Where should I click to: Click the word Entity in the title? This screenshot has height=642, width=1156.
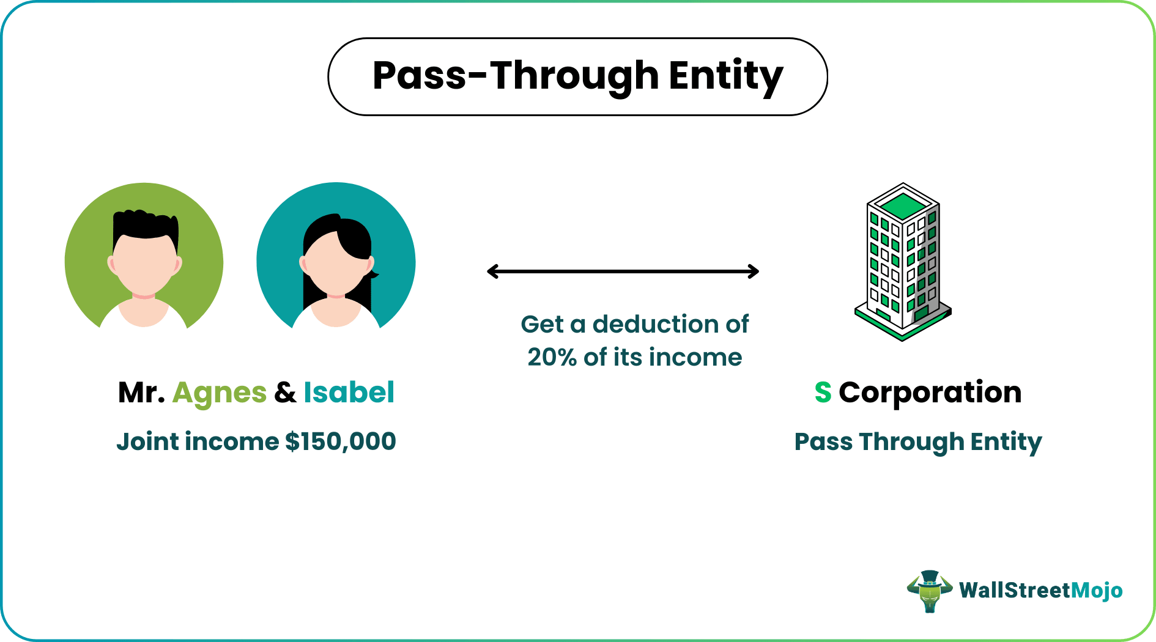coord(725,76)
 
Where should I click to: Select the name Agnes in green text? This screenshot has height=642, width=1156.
coord(220,393)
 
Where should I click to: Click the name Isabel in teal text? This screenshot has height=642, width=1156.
coord(349,393)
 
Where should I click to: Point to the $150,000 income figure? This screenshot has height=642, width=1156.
coord(341,441)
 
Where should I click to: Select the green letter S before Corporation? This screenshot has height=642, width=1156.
coord(823,393)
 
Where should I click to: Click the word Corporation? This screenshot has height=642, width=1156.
coord(930,393)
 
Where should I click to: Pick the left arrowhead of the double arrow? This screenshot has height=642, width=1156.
coord(491,271)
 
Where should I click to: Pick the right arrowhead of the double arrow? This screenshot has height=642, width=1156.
coord(754,271)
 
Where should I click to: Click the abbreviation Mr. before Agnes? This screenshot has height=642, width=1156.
coord(141,393)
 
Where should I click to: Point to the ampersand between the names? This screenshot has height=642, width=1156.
coord(285,393)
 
